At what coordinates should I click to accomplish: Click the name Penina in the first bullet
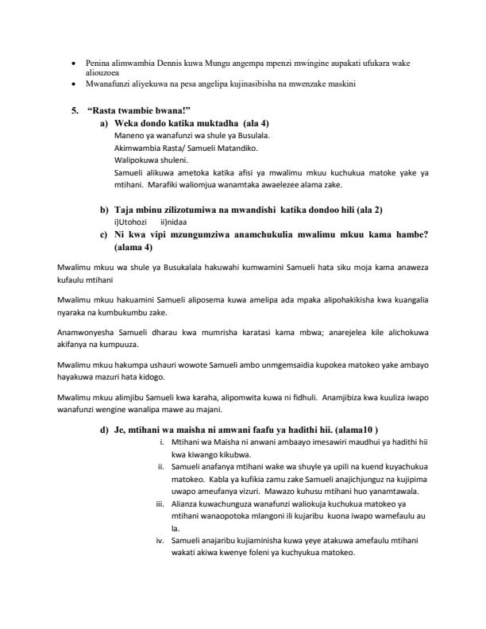tap(94, 60)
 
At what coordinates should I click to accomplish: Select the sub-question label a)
tap(105, 124)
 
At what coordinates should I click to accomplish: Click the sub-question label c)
tap(105, 234)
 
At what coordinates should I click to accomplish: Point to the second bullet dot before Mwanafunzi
tap(74, 83)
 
